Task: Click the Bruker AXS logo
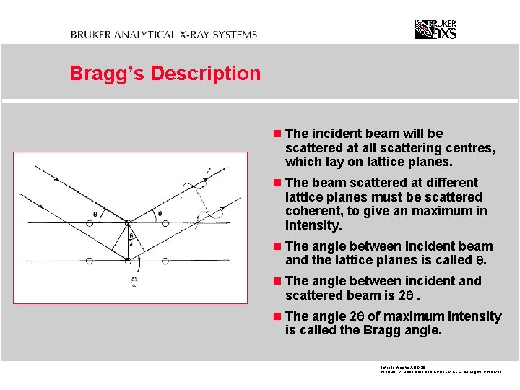pos(435,30)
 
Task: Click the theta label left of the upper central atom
pos(95,214)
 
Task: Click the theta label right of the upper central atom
pos(160,214)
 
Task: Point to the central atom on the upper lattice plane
pos(127,223)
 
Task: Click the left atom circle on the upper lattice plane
pos(89,224)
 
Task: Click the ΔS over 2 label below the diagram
pos(134,282)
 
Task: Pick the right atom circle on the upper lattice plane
pos(165,223)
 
